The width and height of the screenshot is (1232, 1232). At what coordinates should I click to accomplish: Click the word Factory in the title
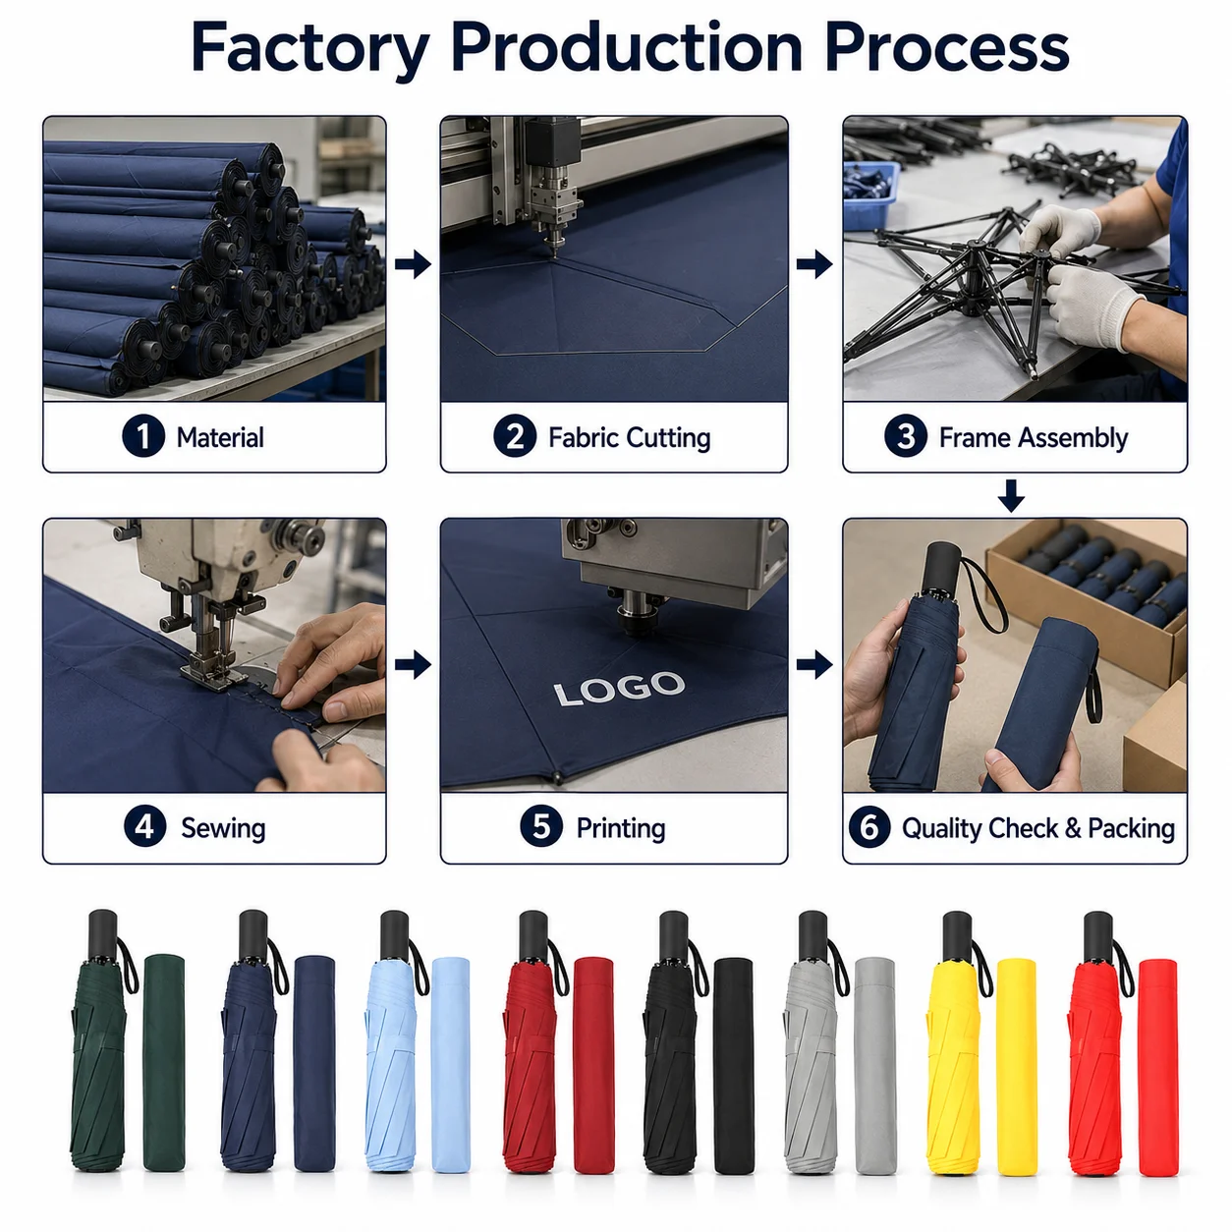[x=310, y=48]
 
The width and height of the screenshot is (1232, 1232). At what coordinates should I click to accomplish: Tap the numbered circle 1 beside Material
[x=143, y=436]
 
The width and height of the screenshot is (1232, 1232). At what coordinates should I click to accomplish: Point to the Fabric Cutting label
[x=629, y=438]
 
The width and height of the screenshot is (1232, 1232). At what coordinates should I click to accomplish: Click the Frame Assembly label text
[x=1034, y=438]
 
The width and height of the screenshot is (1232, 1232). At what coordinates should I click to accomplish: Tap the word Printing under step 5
[x=621, y=828]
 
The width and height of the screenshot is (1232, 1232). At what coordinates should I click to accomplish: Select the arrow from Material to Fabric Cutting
[x=413, y=264]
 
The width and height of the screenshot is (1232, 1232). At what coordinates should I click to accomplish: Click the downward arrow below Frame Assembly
[x=1011, y=495]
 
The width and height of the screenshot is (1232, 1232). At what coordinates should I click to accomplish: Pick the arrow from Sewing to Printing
[x=413, y=665]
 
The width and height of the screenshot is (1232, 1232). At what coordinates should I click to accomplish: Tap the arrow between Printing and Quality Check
[x=814, y=665]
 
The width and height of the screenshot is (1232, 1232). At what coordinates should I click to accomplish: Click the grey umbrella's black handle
[x=813, y=934]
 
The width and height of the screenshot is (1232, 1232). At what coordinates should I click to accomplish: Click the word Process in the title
[x=947, y=48]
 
